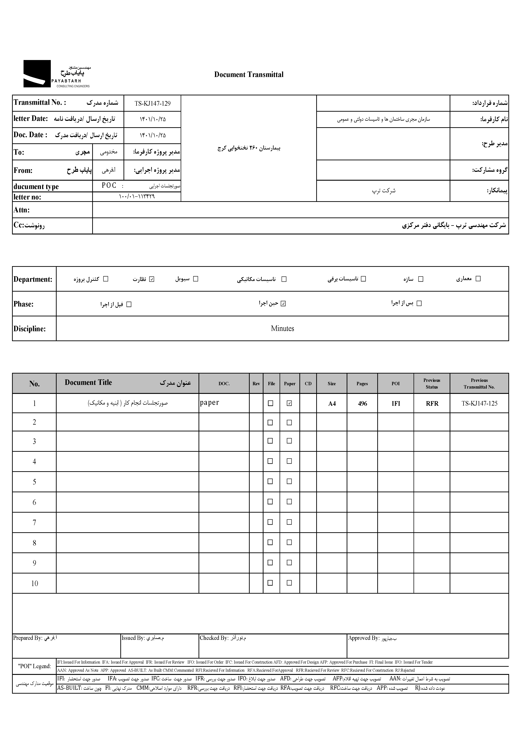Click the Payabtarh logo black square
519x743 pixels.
tap(37, 74)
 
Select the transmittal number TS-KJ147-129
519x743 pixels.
tap(152, 104)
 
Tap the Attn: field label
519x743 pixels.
tap(22, 210)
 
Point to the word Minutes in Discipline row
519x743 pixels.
tap(282, 328)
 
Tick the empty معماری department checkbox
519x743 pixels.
tap(478, 279)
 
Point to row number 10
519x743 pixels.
tap(34, 583)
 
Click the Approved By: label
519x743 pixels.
tap(363, 638)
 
